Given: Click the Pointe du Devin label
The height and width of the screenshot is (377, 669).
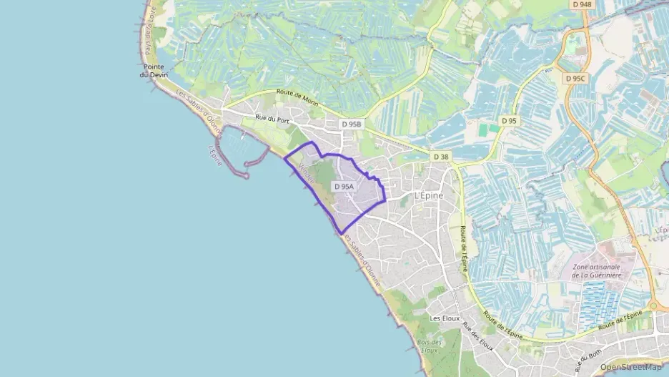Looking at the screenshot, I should click(154, 71).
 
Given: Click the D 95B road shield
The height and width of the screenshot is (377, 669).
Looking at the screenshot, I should click(352, 124).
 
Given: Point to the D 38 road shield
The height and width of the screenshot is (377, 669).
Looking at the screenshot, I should click(441, 156).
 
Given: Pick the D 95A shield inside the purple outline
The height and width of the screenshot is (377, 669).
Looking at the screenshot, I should click(344, 187).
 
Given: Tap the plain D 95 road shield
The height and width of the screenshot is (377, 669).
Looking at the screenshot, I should click(509, 121).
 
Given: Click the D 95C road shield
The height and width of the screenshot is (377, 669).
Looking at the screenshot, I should click(574, 78).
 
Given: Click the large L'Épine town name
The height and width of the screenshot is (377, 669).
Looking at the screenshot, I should click(428, 195).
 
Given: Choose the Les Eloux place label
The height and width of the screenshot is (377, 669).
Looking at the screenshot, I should click(444, 318).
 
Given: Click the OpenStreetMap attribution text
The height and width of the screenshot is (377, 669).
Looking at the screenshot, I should click(630, 367).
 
